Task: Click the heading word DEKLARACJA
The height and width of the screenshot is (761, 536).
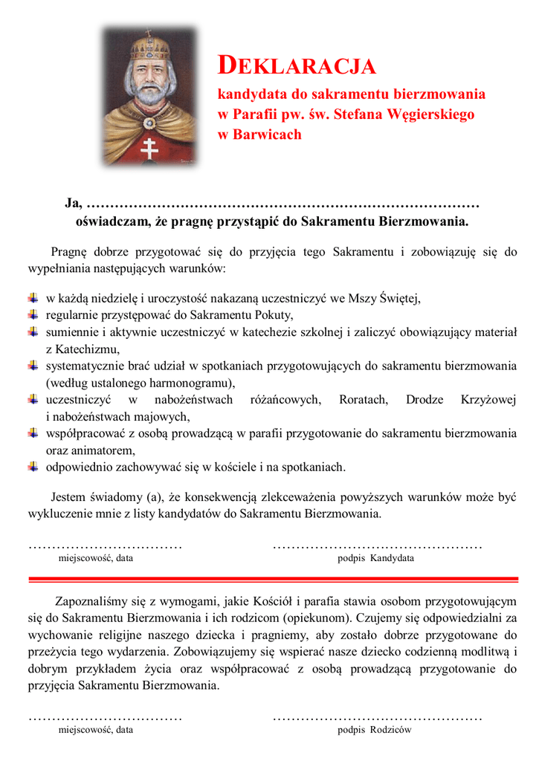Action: point(297,66)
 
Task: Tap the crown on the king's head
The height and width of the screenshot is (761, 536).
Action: point(151,48)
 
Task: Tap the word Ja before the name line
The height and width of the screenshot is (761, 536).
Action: point(73,203)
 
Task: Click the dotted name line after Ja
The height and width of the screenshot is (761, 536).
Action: point(283,204)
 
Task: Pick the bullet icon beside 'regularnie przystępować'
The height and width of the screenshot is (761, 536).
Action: point(33,315)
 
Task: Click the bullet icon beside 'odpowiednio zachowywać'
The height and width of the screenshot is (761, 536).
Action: point(33,467)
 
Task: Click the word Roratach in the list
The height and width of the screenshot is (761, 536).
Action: point(363,400)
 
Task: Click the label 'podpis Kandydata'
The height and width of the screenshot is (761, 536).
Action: point(375,558)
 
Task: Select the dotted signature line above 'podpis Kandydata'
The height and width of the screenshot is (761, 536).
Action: point(378,547)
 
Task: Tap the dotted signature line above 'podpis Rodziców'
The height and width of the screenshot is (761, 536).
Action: point(378,719)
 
